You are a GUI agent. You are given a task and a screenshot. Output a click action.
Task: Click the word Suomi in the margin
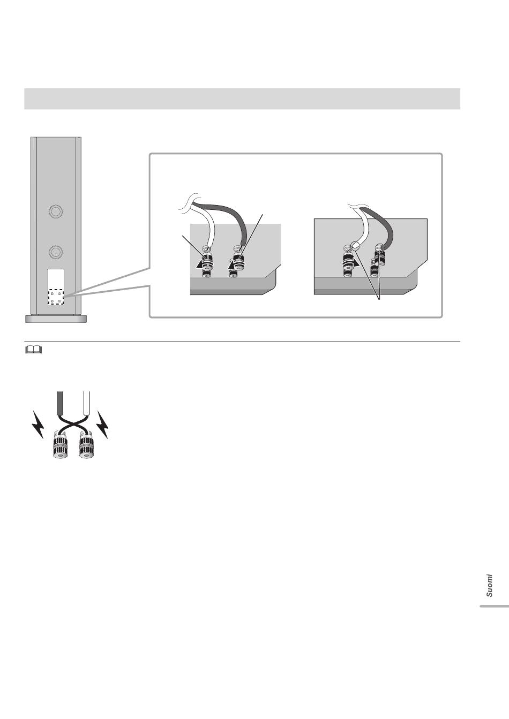tap(489, 586)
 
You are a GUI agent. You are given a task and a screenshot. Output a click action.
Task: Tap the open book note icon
tap(33, 349)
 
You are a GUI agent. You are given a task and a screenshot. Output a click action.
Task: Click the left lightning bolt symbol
tap(38, 425)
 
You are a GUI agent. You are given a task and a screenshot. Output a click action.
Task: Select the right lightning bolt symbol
tap(103, 425)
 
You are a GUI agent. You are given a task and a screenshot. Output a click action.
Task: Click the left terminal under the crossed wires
tap(60, 445)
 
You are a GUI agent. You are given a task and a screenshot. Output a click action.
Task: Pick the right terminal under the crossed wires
tap(87, 445)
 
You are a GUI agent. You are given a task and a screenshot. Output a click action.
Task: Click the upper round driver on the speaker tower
tap(56, 211)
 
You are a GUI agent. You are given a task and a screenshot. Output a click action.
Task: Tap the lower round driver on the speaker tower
tap(56, 252)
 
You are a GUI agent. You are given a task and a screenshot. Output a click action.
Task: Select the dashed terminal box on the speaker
tap(56, 297)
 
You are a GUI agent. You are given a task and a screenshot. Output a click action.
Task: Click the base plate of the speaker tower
tap(56, 319)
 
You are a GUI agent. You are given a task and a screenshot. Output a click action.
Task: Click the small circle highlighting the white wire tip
tap(355, 246)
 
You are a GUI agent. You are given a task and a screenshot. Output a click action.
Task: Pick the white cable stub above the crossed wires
tap(86, 404)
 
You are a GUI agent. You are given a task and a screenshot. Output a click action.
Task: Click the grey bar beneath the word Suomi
tap(494, 607)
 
